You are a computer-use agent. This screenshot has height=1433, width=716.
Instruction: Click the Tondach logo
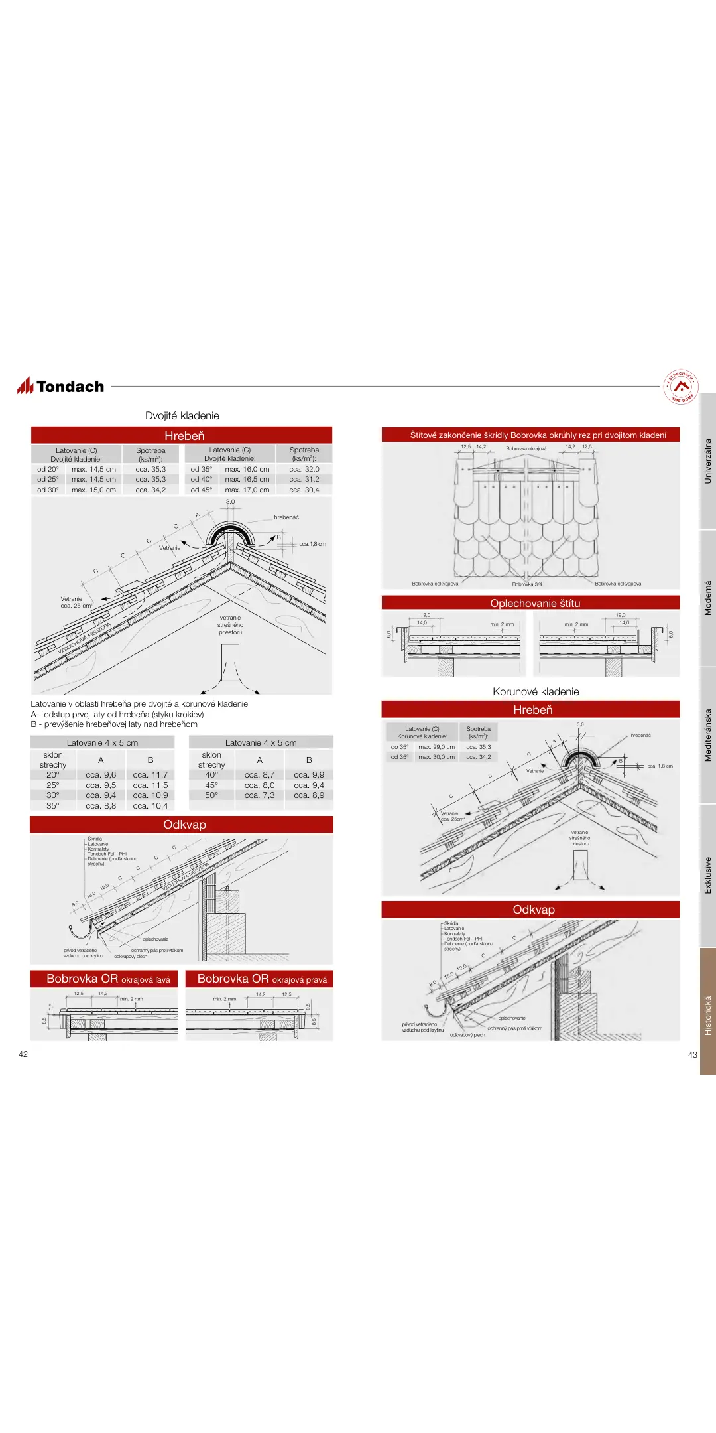pos(61,386)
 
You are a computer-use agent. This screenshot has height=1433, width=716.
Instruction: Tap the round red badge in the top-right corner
pos(680,386)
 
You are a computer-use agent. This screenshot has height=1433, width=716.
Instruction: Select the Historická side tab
pos(707,1015)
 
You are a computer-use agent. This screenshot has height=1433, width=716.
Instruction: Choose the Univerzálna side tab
pos(707,460)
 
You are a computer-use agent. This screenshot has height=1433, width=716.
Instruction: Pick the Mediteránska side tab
pos(707,734)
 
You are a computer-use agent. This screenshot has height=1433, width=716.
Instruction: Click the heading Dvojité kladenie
pos(182,416)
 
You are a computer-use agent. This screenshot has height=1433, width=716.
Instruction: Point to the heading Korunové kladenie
pos(536,692)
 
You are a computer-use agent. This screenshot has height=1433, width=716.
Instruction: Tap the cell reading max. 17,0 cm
pos(247,490)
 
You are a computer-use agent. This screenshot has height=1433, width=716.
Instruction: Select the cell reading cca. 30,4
pos(304,490)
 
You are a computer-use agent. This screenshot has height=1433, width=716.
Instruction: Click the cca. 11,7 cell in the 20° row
pos(150,775)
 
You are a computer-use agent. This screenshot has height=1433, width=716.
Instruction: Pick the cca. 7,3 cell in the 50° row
pos(259,795)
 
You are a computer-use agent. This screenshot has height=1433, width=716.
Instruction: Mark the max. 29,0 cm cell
pos(436,747)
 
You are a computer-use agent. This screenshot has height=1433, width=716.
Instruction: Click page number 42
pos(23,1054)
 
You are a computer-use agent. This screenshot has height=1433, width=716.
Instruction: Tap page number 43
pos(693,1055)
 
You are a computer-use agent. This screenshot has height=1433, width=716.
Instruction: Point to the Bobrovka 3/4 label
pos(527,584)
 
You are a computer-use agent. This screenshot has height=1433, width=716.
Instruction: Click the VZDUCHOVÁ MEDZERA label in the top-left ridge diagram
pos(84,638)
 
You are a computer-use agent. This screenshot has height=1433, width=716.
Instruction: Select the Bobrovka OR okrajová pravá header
pos(260,979)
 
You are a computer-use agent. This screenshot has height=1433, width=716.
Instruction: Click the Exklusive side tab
pos(707,875)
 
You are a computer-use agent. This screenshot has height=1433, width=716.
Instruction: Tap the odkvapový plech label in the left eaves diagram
pos(131,957)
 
